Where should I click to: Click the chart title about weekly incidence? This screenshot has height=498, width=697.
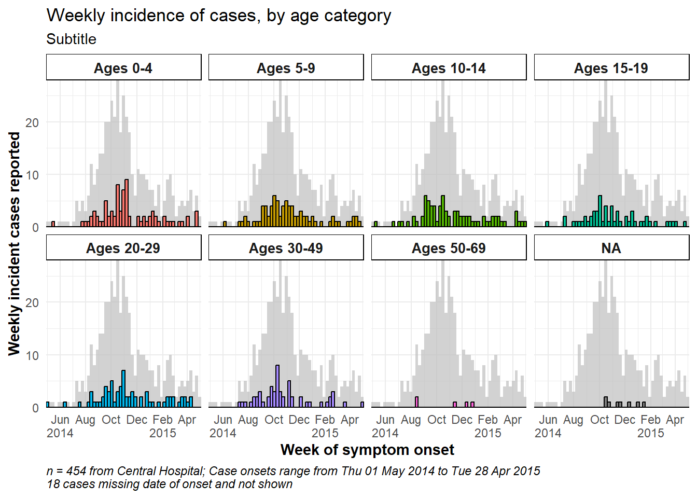click(x=219, y=16)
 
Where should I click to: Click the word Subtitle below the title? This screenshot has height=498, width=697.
click(x=71, y=39)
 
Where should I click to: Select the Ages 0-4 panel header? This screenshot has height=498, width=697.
click(x=123, y=67)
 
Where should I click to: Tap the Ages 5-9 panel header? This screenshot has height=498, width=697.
click(x=286, y=67)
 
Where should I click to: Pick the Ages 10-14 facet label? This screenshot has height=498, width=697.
click(x=449, y=67)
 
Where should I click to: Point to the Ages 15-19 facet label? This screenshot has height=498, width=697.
click(x=611, y=67)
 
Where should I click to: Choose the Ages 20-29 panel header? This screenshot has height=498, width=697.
click(x=123, y=248)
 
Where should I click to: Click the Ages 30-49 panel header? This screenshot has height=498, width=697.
click(x=286, y=248)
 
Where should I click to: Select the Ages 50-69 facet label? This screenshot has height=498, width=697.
click(x=449, y=248)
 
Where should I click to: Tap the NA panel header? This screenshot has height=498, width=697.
click(x=611, y=248)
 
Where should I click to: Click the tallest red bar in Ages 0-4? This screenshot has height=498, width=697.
click(x=127, y=203)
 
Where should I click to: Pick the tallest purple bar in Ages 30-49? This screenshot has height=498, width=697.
click(x=277, y=386)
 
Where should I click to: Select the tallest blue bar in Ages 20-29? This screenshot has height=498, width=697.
click(x=123, y=389)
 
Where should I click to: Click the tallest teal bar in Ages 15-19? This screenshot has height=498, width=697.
click(x=600, y=211)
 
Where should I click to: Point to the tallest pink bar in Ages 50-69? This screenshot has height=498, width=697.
click(x=416, y=402)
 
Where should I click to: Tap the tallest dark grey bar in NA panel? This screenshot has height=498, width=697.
click(x=606, y=402)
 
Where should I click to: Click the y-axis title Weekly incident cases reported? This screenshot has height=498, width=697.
click(x=14, y=244)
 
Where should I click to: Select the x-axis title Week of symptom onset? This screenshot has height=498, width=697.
click(x=367, y=450)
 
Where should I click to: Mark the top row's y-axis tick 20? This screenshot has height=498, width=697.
click(x=32, y=122)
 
